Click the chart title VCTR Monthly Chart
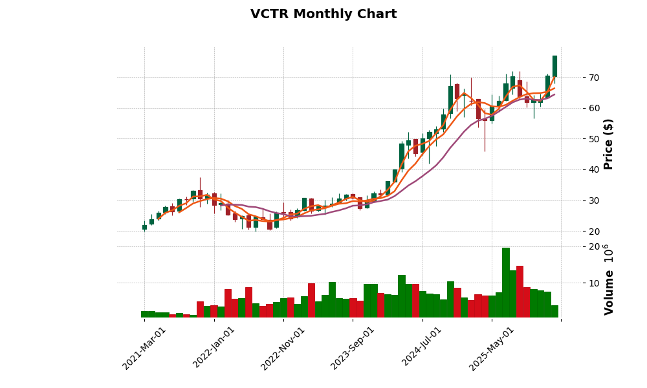pyautogui.click(x=323, y=14)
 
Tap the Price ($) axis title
pyautogui.click(x=608, y=144)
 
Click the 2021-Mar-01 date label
pyautogui.click(x=144, y=348)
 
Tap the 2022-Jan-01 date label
pyautogui.click(x=214, y=348)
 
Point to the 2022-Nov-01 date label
pyautogui.click(x=283, y=348)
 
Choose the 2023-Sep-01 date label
pyautogui.click(x=353, y=348)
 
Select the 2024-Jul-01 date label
pyautogui.click(x=422, y=348)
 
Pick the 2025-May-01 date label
pyautogui.click(x=492, y=348)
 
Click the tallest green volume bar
pyautogui.click(x=506, y=283)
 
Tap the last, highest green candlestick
pyautogui.click(x=554, y=66)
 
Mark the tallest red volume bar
pyautogui.click(x=520, y=292)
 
